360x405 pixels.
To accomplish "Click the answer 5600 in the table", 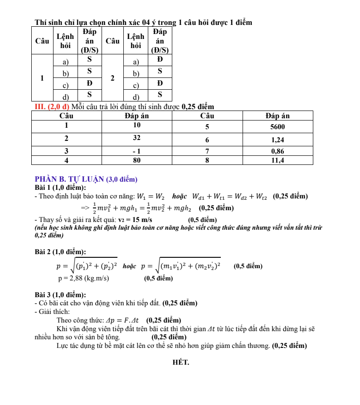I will coord(277,126).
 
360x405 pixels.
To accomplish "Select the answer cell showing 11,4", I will coord(277,160).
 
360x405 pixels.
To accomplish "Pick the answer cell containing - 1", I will coord(137,151).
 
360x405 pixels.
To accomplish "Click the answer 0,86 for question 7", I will coord(277,151).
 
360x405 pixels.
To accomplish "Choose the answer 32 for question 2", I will coord(137,137).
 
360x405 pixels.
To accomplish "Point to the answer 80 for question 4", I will coord(137,160).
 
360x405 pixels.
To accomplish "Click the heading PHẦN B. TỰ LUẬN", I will coord(86,179).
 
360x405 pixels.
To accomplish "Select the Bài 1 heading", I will coord(60,188).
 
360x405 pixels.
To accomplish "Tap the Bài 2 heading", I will coord(60,251).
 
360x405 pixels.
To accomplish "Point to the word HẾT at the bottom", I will coord(181,362).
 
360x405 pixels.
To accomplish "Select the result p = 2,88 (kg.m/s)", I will coord(83,278).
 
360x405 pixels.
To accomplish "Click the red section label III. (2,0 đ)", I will coord(52,107).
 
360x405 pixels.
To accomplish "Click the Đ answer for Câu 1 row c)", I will coord(89,83).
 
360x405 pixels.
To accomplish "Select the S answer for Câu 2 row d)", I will coord(160,95).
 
